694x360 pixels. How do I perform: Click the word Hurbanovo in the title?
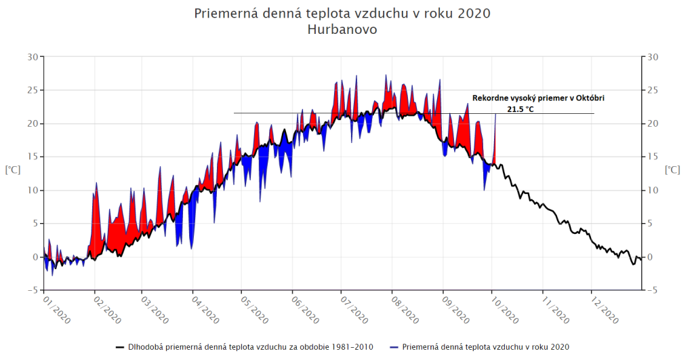click(342, 31)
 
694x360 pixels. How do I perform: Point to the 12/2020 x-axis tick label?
click(604, 308)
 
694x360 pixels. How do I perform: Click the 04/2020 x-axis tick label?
click(205, 308)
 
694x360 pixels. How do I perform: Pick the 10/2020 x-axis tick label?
click(505, 308)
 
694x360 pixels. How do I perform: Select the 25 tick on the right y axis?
click(653, 90)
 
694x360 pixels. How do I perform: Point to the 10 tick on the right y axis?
click(653, 191)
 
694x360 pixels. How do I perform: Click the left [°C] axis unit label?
click(12, 169)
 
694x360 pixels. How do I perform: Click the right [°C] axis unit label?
click(672, 169)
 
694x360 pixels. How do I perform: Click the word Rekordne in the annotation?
click(490, 98)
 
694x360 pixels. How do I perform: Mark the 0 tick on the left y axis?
click(35, 257)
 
